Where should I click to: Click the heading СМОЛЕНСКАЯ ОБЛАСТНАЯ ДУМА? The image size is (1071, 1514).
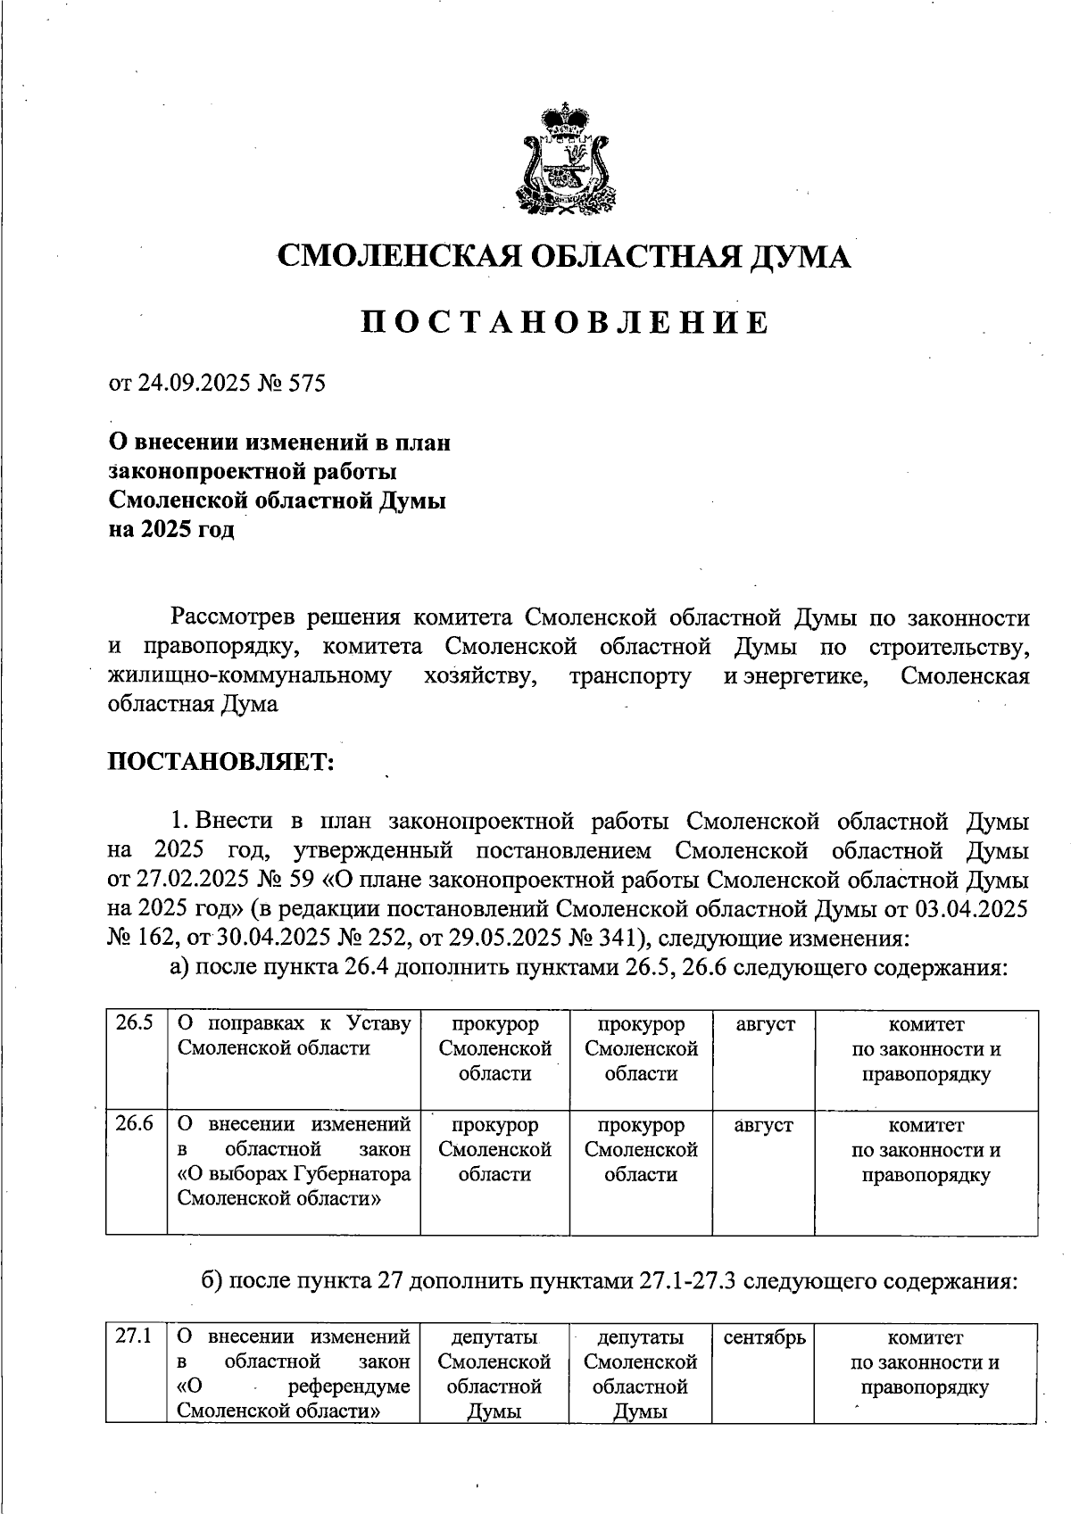pyautogui.click(x=564, y=257)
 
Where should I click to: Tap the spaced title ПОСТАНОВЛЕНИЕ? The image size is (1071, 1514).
pyautogui.click(x=564, y=322)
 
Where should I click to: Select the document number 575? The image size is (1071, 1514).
pyautogui.click(x=307, y=384)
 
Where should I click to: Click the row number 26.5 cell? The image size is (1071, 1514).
pyautogui.click(x=136, y=1024)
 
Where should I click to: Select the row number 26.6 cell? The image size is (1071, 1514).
pyautogui.click(x=136, y=1125)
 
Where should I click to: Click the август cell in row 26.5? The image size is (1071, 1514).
pyautogui.click(x=763, y=1024)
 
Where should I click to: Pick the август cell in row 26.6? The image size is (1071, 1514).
pyautogui.click(x=763, y=1125)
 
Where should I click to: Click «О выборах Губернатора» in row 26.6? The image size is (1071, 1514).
pyautogui.click(x=295, y=1173)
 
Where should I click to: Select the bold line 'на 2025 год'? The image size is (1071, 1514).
pyautogui.click(x=171, y=530)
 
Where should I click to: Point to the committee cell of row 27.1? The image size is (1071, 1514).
pyautogui.click(x=925, y=1362)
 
